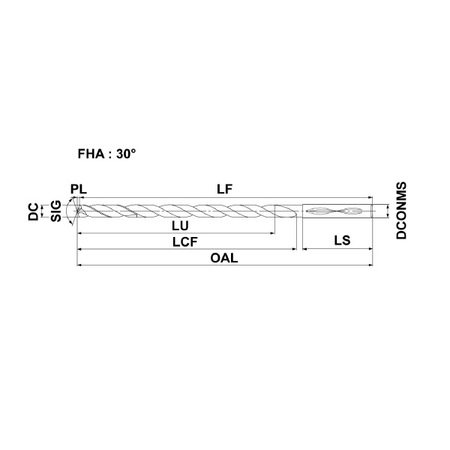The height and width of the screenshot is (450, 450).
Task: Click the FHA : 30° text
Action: pyautogui.click(x=106, y=154)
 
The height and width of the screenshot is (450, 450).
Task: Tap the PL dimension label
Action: pyautogui.click(x=79, y=190)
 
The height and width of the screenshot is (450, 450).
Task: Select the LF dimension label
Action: pyautogui.click(x=224, y=190)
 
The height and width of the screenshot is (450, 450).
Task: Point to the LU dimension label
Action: pyautogui.click(x=180, y=226)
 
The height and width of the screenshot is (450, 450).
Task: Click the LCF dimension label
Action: pyautogui.click(x=185, y=242)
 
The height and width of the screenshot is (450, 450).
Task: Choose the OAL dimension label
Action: pyautogui.click(x=224, y=258)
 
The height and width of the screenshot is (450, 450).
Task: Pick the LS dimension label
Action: pyautogui.click(x=342, y=240)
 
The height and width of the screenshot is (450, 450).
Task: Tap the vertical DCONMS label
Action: pyautogui.click(x=401, y=210)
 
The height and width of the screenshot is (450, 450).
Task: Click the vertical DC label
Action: pyautogui.click(x=33, y=211)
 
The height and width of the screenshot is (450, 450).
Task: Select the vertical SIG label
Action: pyautogui.click(x=56, y=211)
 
